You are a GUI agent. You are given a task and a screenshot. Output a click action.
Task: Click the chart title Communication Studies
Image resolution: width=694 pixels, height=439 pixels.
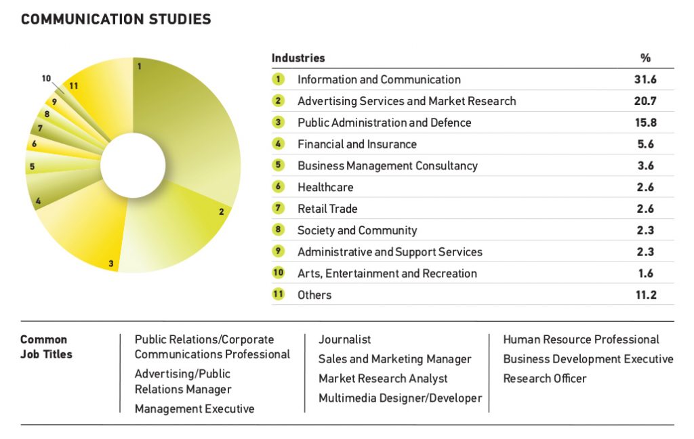[116, 19]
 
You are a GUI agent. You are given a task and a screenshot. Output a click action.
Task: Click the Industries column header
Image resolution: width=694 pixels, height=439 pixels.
[298, 58]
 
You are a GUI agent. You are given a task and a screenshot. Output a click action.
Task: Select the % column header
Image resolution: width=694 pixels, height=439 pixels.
[645, 58]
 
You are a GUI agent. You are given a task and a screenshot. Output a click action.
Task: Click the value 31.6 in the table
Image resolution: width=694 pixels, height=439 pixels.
[645, 80]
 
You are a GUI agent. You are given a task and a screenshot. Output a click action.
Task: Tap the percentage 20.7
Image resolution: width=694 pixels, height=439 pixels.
[645, 101]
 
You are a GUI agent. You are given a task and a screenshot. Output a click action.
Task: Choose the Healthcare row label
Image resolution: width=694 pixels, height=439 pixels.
[325, 188]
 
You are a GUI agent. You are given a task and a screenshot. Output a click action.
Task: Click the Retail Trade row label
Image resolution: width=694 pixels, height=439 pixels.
[327, 209]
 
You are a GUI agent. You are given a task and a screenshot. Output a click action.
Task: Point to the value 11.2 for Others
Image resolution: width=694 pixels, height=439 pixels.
[645, 295]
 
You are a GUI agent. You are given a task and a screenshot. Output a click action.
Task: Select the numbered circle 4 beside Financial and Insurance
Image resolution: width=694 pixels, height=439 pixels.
[278, 144]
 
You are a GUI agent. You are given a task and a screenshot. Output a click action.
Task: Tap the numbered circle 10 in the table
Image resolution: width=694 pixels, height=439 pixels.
[278, 273]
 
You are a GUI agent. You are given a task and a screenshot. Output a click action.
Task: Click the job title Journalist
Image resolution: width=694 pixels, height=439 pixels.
[345, 340]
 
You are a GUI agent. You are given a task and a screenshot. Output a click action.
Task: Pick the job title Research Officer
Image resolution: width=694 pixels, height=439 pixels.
[545, 379]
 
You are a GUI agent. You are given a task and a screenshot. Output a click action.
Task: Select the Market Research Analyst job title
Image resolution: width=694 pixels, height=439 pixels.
[383, 379]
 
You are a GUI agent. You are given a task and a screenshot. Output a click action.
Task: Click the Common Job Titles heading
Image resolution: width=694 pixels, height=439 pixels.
[46, 347]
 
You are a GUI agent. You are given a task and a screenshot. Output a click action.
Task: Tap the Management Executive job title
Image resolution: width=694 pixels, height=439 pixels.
[195, 409]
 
